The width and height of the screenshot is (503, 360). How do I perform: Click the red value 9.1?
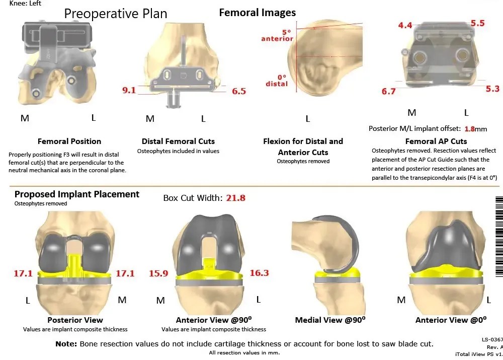pyautogui.click(x=129, y=91)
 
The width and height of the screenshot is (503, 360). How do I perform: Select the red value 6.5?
pyautogui.click(x=239, y=91)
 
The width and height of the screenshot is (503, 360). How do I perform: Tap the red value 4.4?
pyautogui.click(x=405, y=25)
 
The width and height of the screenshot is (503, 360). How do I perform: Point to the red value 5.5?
pyautogui.click(x=477, y=23)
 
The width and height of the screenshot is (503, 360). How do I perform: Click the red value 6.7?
pyautogui.click(x=389, y=91)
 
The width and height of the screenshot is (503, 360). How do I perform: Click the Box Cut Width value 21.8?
pyautogui.click(x=235, y=198)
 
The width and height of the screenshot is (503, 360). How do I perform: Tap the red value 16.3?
pyautogui.click(x=259, y=273)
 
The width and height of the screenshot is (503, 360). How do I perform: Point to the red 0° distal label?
pyautogui.click(x=277, y=81)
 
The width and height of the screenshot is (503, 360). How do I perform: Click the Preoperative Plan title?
pyautogui.click(x=116, y=14)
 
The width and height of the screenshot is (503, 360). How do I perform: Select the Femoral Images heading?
pyautogui.click(x=258, y=13)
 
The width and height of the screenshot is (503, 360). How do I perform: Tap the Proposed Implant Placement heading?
pyautogui.click(x=77, y=194)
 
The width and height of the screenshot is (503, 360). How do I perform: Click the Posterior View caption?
pyautogui.click(x=75, y=320)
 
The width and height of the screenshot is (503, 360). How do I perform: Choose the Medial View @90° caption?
pyautogui.click(x=330, y=320)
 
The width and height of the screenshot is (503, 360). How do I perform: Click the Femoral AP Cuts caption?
pyautogui.click(x=436, y=141)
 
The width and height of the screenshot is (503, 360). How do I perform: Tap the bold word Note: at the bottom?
pyautogui.click(x=66, y=344)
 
